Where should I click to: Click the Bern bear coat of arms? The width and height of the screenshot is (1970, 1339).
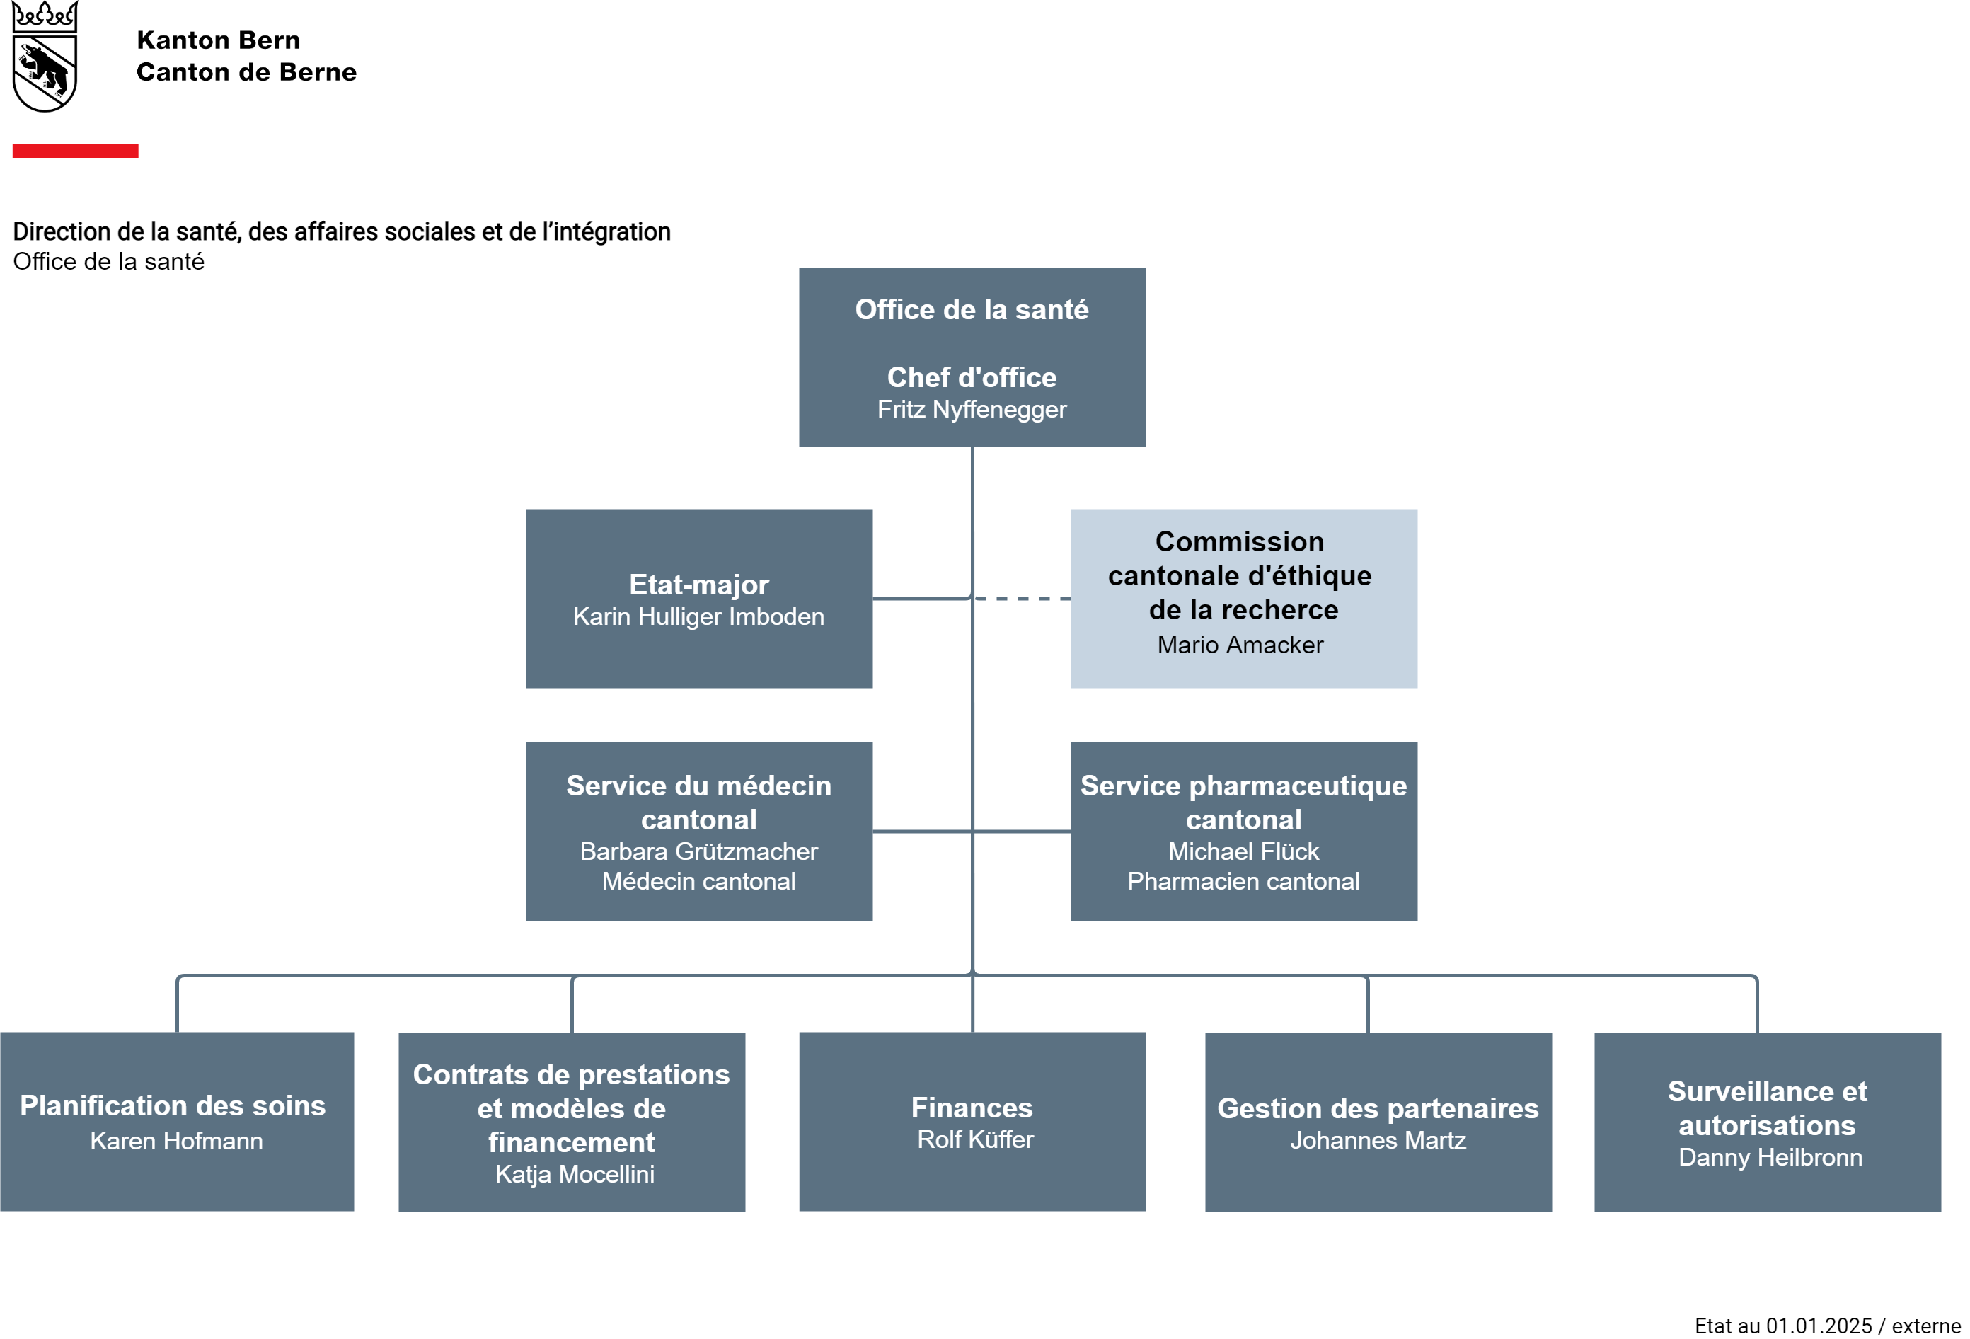(45, 56)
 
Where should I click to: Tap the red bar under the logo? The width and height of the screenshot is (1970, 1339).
(76, 151)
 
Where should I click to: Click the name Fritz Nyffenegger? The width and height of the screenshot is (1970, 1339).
(972, 410)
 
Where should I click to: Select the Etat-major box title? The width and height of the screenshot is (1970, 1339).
(698, 585)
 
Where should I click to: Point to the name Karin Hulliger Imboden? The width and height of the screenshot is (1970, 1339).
(698, 616)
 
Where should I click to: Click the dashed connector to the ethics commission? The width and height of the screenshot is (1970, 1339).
(1023, 599)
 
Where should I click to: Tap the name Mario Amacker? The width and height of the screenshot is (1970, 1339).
(1240, 645)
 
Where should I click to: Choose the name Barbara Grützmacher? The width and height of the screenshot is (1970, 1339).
(698, 851)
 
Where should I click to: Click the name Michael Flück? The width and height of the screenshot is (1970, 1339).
(1243, 851)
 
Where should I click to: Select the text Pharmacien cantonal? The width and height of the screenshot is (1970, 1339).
(1243, 882)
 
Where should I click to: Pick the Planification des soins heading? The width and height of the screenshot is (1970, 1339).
(173, 1105)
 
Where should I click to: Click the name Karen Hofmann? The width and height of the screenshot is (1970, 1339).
(176, 1142)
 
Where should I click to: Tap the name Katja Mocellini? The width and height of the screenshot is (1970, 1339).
(575, 1175)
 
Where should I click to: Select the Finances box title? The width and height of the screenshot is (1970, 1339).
(972, 1108)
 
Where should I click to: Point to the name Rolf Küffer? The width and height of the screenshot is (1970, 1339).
(976, 1139)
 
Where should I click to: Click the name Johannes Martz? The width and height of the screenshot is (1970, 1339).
(1378, 1141)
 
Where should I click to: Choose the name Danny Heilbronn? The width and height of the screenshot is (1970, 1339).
(1770, 1158)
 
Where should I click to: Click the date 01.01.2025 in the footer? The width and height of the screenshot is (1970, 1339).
(1819, 1326)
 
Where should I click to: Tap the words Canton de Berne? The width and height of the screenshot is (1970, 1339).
(247, 72)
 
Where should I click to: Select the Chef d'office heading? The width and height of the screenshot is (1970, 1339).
(972, 377)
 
